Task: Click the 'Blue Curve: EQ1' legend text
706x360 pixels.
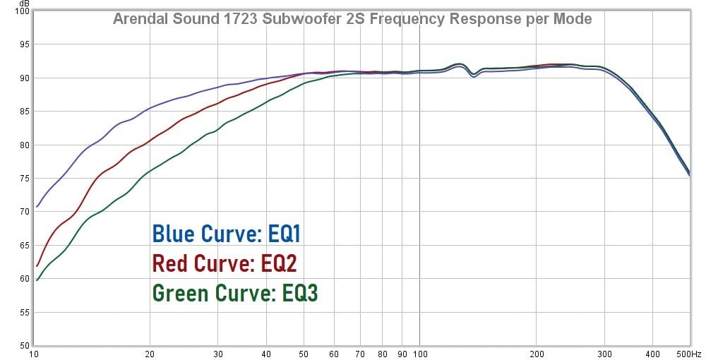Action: coord(231,234)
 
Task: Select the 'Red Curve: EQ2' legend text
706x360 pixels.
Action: coord(225,263)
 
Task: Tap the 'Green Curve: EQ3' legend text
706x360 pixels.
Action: coord(235,292)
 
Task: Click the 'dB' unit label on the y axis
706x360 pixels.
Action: coord(25,4)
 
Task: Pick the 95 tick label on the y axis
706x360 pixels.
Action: coord(23,44)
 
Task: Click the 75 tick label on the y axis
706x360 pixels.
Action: coord(23,179)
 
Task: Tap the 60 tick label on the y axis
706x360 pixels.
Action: coord(23,279)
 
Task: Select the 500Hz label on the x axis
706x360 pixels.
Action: coord(689,354)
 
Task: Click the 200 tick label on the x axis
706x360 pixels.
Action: coord(537,354)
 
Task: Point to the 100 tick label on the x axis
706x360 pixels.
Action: coord(420,354)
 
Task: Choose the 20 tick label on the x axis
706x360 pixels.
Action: coord(150,354)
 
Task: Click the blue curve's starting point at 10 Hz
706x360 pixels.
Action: coord(37,207)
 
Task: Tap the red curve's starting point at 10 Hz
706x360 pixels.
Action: coord(37,266)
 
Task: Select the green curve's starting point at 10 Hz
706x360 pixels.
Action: coord(37,280)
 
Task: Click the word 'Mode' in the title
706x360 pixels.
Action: coord(572,19)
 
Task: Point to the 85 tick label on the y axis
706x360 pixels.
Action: coord(23,112)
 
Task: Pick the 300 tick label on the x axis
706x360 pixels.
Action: coord(605,354)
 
